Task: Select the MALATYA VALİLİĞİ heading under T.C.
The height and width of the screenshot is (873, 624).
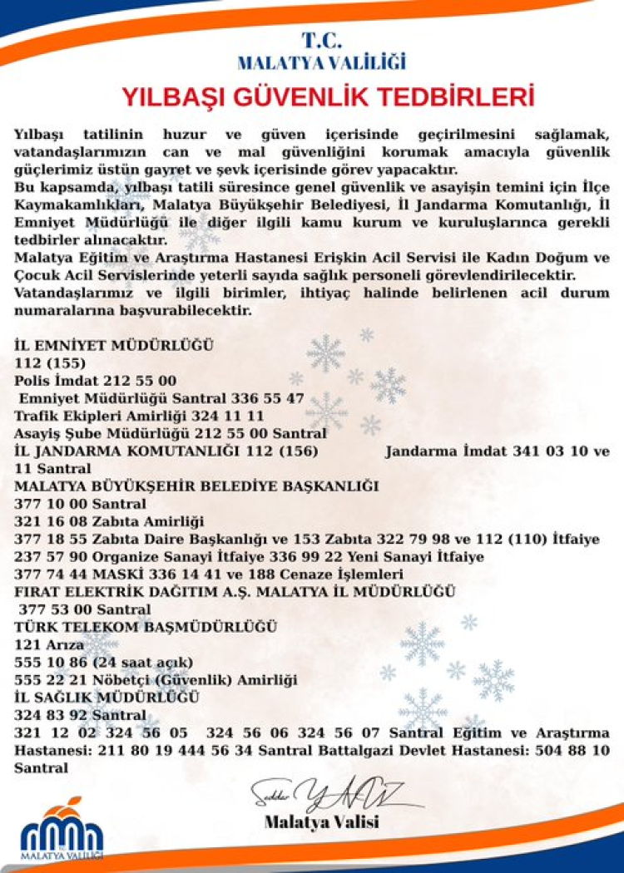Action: (x=320, y=62)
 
